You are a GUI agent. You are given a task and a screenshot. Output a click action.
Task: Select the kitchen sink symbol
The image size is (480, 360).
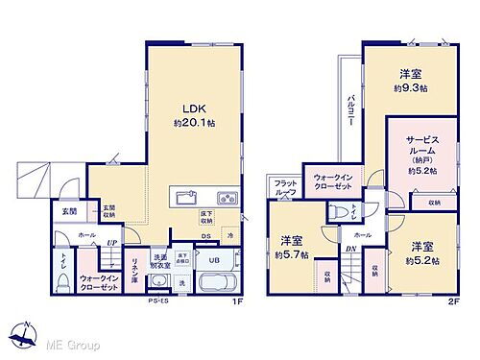tap(185, 199)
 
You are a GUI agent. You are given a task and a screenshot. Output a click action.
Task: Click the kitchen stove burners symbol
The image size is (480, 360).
tap(228, 199)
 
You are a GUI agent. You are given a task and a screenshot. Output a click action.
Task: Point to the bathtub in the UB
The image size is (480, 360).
tap(221, 284)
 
